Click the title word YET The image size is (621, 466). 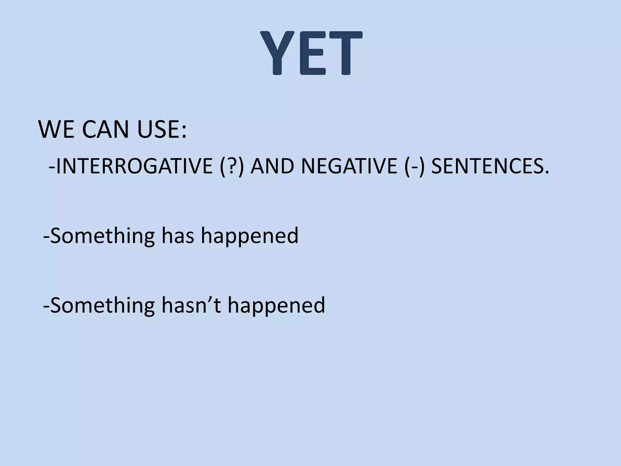coord(311,54)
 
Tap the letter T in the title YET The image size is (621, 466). coord(344,54)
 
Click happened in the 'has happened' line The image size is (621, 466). coord(250,237)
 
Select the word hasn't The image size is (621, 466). coord(191,305)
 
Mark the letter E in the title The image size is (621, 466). coord(312,54)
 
